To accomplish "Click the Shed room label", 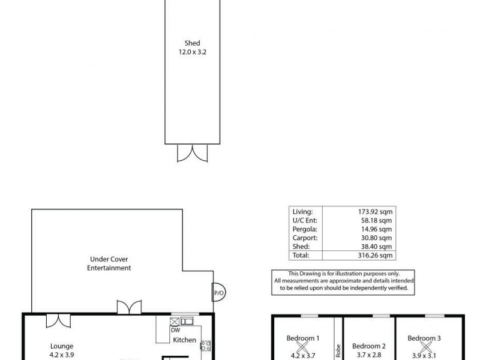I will tap(191, 43).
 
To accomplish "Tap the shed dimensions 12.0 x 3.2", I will tap(191, 52).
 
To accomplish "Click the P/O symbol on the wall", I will tap(217, 295).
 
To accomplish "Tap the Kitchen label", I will tap(184, 340).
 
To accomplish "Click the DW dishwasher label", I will tap(175, 330).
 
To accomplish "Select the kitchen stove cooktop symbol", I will tap(205, 345).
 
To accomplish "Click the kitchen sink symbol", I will tap(186, 322).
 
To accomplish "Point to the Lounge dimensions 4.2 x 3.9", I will tap(61, 354).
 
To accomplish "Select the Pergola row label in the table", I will tap(302, 229).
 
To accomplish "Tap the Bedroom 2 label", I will tap(368, 346).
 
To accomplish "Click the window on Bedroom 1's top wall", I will tap(308, 316).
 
